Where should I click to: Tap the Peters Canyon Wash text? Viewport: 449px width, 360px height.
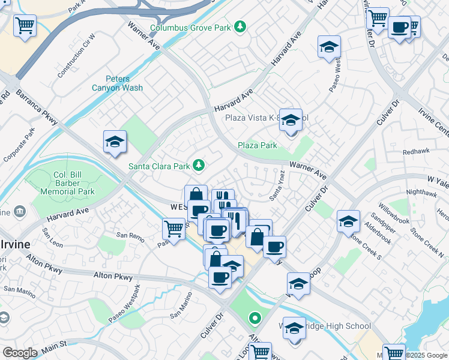pos(117,83)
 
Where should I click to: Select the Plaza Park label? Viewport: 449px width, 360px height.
pos(257,145)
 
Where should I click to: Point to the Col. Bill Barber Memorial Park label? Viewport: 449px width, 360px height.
pos(75,183)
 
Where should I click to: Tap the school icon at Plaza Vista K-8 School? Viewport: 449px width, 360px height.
pos(291,120)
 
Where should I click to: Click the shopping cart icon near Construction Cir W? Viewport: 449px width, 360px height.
pos(25,26)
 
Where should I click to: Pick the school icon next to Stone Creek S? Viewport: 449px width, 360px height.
pos(348,221)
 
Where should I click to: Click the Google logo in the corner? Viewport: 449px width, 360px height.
pos(20,352)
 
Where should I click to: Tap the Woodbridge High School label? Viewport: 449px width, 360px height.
pos(336,326)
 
